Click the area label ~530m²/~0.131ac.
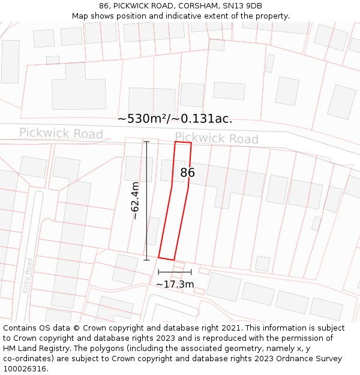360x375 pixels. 175,119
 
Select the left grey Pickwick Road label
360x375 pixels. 61,133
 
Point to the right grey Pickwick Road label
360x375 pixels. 217,139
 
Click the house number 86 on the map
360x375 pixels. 188,173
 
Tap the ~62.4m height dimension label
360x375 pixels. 135,200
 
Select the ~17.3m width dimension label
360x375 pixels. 175,284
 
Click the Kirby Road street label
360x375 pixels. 26,275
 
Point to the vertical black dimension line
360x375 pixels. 146,200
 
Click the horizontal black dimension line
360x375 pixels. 175,272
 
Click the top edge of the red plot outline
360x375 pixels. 183,143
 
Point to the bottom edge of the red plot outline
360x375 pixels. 166,259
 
